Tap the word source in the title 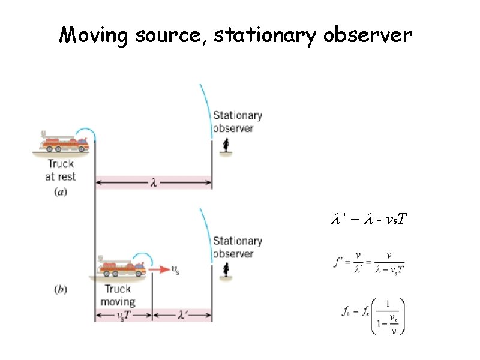click(171, 36)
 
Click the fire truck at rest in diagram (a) click(63, 143)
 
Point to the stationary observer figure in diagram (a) click(226, 145)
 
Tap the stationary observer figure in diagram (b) click(226, 271)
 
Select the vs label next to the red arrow click(175, 271)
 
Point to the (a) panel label click(61, 192)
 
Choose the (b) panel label click(61, 289)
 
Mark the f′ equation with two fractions click(369, 262)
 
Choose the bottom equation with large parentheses click(373, 313)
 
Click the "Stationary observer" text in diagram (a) click(238, 121)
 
